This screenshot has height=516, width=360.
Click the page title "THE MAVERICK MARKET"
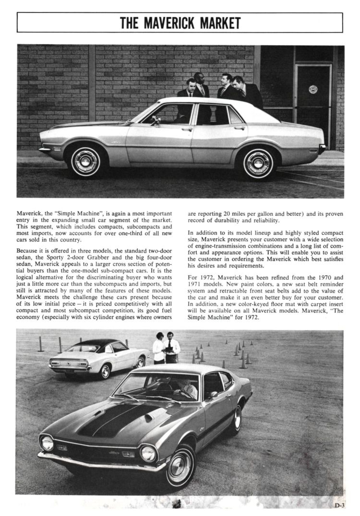180,23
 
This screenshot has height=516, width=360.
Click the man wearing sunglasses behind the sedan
200,85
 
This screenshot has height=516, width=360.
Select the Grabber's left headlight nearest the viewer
47,443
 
